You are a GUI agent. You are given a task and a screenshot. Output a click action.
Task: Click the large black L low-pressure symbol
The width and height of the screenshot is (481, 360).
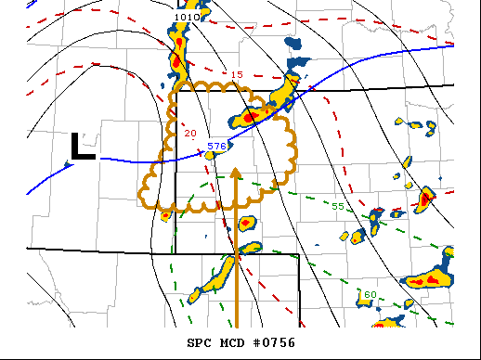pyautogui.click(x=83, y=148)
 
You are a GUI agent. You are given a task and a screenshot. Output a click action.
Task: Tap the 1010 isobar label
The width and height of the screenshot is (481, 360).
pyautogui.click(x=186, y=17)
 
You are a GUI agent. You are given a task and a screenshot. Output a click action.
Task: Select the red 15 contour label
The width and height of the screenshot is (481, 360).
pyautogui.click(x=237, y=74)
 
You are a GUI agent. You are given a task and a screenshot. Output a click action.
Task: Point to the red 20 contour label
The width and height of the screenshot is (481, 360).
pyautogui.click(x=190, y=134)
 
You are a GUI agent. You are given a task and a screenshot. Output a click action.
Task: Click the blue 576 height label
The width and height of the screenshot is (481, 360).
pyautogui.click(x=216, y=146)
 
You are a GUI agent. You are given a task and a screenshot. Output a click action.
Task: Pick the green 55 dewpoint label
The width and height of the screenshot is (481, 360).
pyautogui.click(x=338, y=205)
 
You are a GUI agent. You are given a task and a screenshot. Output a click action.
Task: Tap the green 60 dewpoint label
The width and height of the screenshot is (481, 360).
pyautogui.click(x=370, y=294)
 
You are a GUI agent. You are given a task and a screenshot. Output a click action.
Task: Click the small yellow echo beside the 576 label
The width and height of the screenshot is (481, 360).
pyautogui.click(x=210, y=155)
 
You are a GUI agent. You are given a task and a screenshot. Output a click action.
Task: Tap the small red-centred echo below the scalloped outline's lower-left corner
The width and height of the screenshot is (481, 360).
pyautogui.click(x=165, y=215)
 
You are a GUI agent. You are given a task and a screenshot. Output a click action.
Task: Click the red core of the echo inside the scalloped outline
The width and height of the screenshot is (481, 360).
pyautogui.click(x=249, y=118)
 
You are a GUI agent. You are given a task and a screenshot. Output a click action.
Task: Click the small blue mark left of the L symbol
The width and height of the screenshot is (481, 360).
pyautogui.click(x=68, y=165)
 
